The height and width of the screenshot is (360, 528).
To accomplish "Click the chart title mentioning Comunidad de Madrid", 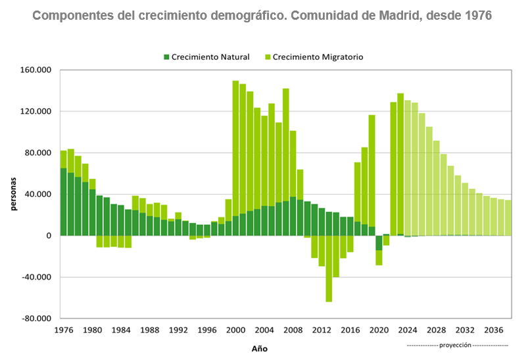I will click(262, 14).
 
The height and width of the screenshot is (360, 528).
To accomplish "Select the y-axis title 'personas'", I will click(13, 194).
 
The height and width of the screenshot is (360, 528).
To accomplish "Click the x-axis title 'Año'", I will click(259, 348).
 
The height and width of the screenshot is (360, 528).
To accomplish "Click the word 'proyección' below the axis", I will click(456, 345).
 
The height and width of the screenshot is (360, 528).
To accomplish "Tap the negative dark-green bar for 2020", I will click(379, 243).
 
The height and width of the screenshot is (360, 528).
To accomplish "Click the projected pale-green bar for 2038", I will click(508, 218).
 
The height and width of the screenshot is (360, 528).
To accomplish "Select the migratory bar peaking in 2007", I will click(286, 145).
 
